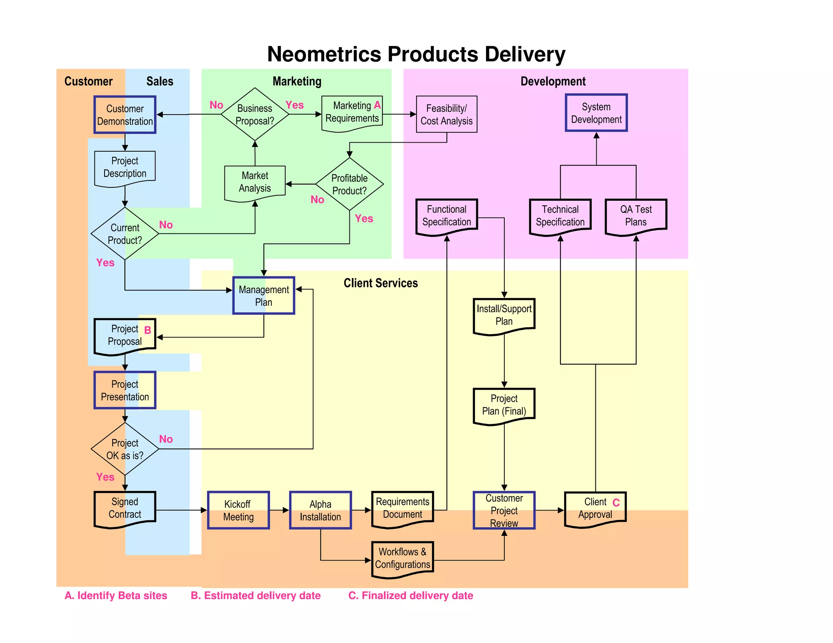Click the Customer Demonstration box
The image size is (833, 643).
(x=125, y=115)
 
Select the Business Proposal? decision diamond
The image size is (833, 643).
(x=255, y=115)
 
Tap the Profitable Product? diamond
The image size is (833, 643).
(x=349, y=184)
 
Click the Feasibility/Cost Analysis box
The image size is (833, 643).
(x=447, y=115)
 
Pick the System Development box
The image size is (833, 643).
(x=596, y=113)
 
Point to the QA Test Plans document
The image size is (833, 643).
(x=636, y=216)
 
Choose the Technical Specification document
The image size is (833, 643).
(x=560, y=216)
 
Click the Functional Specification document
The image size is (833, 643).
(x=447, y=216)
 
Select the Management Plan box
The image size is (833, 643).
(x=264, y=295)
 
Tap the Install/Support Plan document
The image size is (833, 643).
(x=504, y=315)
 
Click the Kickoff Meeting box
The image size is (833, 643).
(x=238, y=510)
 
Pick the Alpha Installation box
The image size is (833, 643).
(x=321, y=510)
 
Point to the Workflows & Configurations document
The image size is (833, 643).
(x=403, y=558)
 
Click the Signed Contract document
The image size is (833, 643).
(x=125, y=508)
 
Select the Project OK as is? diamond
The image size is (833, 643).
(x=125, y=449)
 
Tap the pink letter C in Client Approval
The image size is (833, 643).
(x=616, y=503)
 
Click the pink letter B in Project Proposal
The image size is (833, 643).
(x=148, y=330)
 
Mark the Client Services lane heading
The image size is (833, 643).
(x=381, y=283)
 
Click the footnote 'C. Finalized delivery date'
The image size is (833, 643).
(x=411, y=595)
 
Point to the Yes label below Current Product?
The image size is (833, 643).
(x=105, y=263)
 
